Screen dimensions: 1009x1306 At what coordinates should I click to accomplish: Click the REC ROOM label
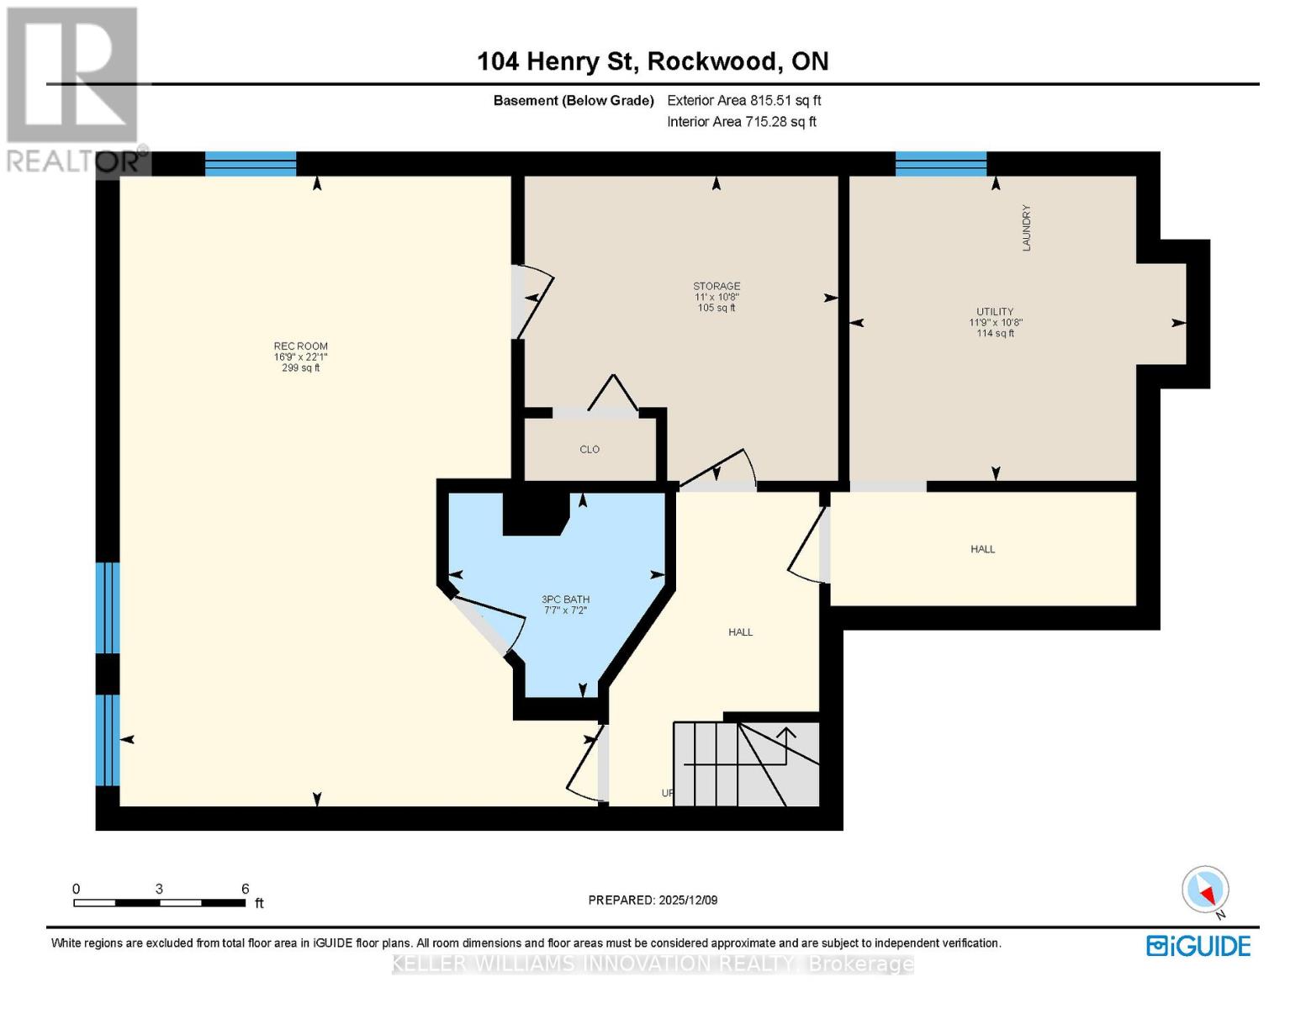point(300,346)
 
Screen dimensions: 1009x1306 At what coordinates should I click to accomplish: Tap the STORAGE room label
point(716,287)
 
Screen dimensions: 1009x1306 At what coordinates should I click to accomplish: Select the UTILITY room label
point(995,312)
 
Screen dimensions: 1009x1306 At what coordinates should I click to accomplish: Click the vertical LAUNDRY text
point(1026,228)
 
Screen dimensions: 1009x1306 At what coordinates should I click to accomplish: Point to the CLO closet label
point(590,450)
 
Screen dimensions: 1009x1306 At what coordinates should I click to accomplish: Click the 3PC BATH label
point(565,600)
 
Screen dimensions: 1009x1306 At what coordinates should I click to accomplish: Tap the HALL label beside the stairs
point(740,632)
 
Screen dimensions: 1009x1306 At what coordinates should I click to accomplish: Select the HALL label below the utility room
point(982,549)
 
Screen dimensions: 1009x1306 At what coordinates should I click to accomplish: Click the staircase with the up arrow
point(747,763)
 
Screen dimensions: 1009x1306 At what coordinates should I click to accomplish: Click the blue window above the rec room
point(251,163)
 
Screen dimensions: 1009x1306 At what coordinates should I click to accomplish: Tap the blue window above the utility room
point(940,163)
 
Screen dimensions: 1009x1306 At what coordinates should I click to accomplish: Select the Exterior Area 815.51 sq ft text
point(743,100)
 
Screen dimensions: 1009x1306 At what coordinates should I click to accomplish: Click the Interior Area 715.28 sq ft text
point(741,122)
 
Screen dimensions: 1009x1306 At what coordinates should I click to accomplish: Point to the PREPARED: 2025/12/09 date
point(653,900)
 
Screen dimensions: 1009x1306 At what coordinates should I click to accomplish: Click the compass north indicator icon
point(1206,890)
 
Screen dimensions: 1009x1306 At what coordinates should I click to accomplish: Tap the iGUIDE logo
point(1198,946)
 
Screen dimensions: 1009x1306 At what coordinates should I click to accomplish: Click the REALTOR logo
point(74,88)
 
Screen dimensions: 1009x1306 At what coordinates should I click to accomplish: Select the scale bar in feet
point(160,902)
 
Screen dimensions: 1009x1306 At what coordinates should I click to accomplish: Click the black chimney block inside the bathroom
point(535,514)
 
